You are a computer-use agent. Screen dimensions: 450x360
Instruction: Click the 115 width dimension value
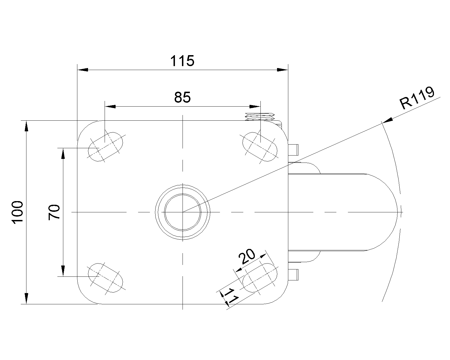coord(182,61)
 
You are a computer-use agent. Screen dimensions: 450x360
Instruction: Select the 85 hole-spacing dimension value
coord(182,98)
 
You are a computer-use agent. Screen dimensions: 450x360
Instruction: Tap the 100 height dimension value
coord(17,212)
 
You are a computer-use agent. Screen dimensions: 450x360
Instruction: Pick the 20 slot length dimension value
coord(247,256)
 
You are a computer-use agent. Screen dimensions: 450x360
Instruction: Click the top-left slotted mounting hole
coord(105,147)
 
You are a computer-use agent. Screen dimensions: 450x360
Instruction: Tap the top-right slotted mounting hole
coord(260,147)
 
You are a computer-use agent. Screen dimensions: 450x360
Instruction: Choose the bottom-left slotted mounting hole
coord(105,278)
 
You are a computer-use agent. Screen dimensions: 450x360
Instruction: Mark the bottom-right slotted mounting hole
coord(260,278)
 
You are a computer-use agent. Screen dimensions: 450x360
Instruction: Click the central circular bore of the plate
coord(183,212)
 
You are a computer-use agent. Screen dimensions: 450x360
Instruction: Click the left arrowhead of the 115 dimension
coord(83,70)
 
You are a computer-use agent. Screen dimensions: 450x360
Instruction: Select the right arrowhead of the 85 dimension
coord(255,107)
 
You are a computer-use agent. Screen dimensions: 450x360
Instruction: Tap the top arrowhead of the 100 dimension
coord(26,126)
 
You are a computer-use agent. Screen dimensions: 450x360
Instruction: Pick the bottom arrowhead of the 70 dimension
coord(63,271)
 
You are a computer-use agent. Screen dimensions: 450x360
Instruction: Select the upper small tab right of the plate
coord(293,150)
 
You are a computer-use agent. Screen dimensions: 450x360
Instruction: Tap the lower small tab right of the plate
coord(293,275)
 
